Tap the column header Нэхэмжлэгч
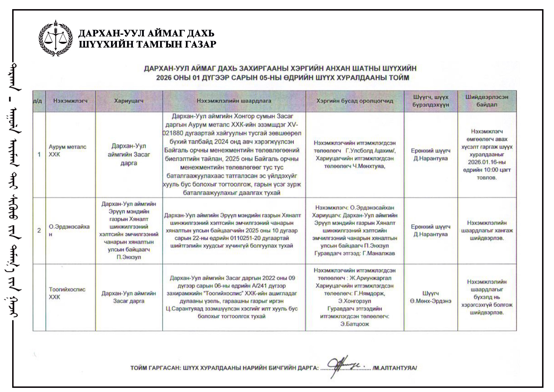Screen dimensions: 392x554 click(70, 101)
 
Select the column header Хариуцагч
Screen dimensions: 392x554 click(129, 101)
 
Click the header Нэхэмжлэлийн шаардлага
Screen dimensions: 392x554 click(234, 101)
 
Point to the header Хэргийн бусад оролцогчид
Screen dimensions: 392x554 click(355, 101)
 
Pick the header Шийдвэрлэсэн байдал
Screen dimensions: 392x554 click(487, 101)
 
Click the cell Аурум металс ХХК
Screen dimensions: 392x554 click(67, 151)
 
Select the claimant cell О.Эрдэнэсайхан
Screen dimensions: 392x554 click(69, 230)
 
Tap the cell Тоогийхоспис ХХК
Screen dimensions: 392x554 click(67, 293)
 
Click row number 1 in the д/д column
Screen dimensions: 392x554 click(39, 154)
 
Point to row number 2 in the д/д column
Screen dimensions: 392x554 click(39, 230)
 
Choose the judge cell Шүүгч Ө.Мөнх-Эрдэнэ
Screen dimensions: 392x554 click(430, 297)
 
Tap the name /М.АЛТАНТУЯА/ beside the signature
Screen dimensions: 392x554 click(394, 368)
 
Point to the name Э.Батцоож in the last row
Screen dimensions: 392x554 click(355, 324)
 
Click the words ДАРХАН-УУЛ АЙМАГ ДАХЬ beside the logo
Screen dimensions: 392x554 click(147, 34)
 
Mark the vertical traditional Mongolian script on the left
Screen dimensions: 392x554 click(16, 194)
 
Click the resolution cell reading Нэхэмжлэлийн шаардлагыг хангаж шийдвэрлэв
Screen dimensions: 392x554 click(487, 230)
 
